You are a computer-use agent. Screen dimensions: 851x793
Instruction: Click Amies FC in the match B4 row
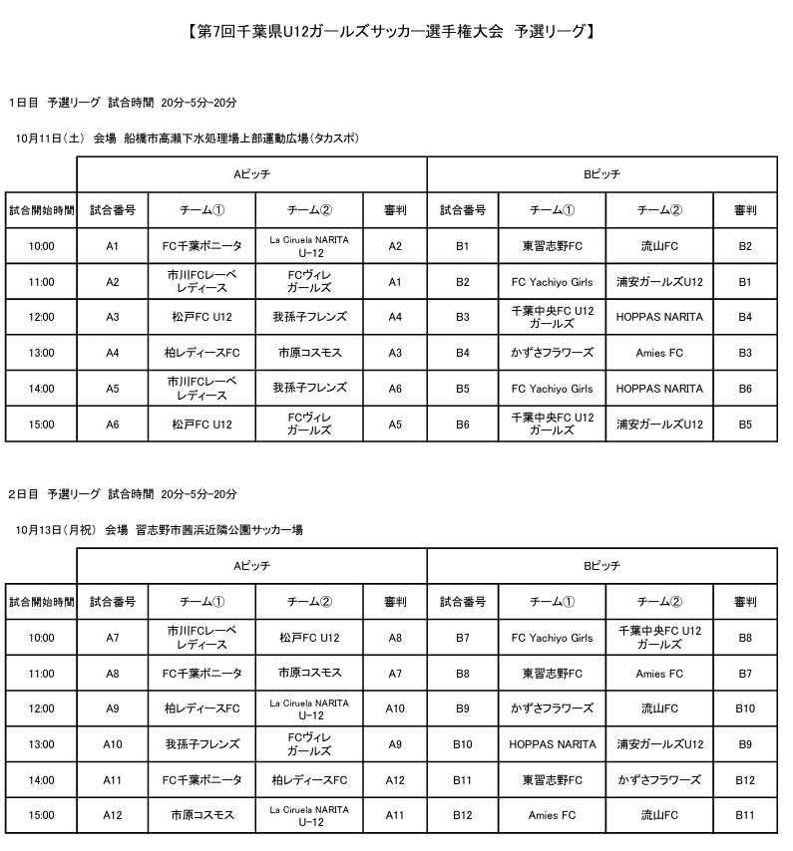[x=659, y=353]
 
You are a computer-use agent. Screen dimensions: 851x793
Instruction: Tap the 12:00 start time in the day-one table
[x=42, y=317]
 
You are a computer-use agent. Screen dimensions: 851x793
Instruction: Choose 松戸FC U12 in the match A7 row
[x=309, y=638]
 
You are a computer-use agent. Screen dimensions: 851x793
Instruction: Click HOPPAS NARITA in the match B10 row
[x=552, y=744]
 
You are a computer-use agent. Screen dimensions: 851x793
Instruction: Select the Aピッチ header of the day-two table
[x=251, y=566]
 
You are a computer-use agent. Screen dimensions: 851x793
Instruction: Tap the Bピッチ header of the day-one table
[x=601, y=174]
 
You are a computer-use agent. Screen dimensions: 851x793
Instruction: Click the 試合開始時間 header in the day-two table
[x=42, y=602]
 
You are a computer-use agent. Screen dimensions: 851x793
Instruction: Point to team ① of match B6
[x=552, y=424]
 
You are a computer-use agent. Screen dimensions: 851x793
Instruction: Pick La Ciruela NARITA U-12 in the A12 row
[x=309, y=815]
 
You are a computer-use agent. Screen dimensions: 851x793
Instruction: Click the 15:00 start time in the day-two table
[x=42, y=815]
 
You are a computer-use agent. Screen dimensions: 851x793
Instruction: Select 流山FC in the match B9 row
[x=659, y=709]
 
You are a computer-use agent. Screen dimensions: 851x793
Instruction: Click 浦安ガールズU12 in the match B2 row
[x=659, y=282]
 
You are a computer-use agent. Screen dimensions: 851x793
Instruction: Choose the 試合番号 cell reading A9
[x=112, y=709]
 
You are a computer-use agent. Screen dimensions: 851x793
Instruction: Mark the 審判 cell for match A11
[x=395, y=779]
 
